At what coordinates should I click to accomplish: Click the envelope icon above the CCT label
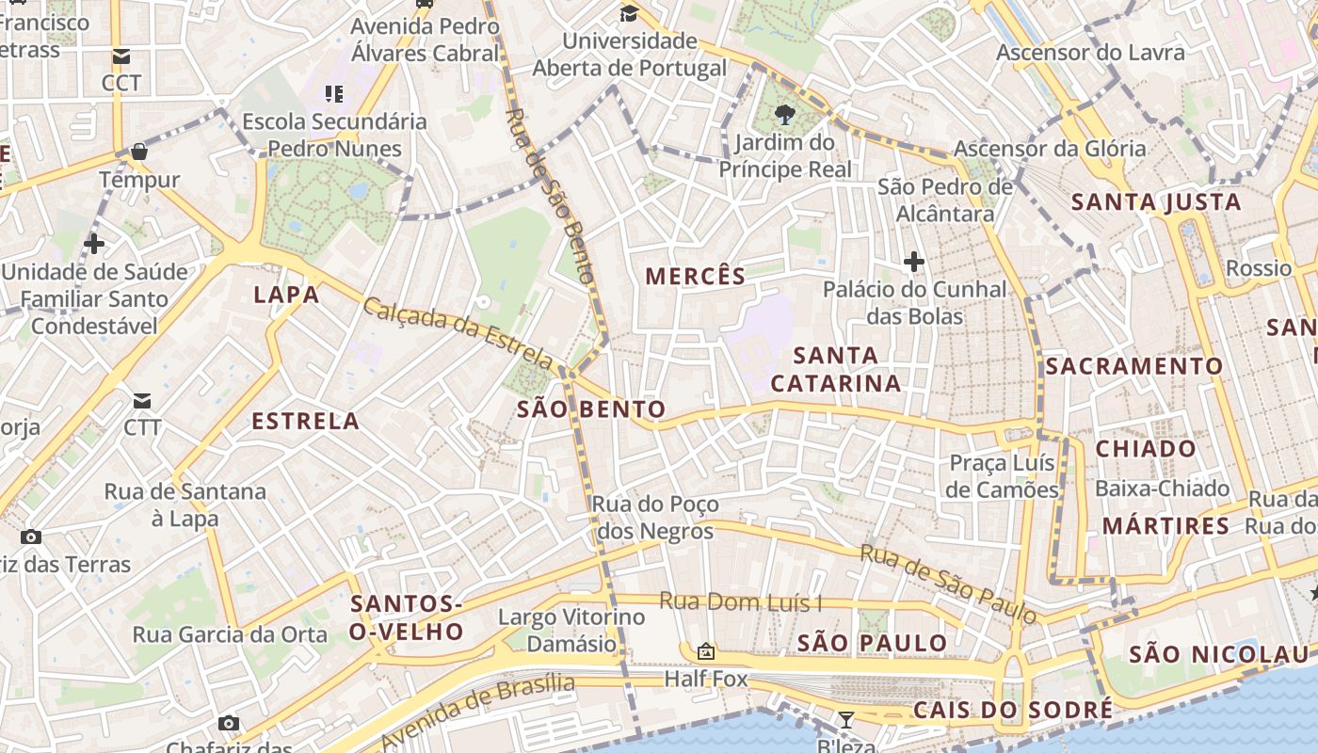121,56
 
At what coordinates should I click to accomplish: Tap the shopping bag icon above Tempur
139,152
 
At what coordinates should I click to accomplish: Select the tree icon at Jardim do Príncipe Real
784,116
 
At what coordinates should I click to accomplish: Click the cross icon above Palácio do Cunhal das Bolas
913,262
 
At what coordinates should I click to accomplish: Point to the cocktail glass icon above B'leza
846,720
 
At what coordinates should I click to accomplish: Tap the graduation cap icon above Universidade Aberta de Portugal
629,13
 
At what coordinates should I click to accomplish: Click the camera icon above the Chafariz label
228,723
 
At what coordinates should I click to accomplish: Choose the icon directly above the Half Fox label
705,651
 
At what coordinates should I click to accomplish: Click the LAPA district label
286,295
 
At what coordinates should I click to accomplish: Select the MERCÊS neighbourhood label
696,276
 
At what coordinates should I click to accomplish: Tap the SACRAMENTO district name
1134,366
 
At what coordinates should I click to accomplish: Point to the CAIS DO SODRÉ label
1013,710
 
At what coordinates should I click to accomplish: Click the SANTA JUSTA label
1156,202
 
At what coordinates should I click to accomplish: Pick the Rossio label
1259,268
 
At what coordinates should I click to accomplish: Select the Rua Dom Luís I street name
741,601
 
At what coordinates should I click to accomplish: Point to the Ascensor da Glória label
1050,149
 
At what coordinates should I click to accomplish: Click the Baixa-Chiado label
1162,489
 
